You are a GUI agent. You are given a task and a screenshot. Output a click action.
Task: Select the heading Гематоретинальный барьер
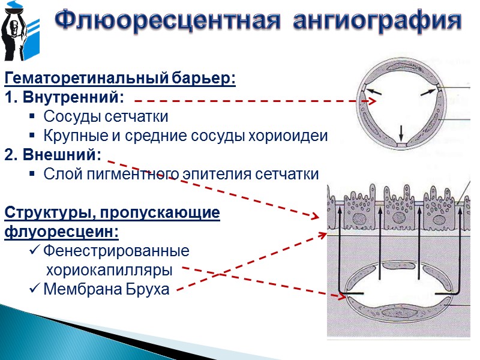click(120, 79)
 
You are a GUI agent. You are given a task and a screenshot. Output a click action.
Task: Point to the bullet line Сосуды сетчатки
click(106, 116)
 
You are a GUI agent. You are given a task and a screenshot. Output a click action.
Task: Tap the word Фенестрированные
click(116, 250)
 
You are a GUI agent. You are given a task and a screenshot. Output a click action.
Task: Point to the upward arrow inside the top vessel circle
click(401, 133)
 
